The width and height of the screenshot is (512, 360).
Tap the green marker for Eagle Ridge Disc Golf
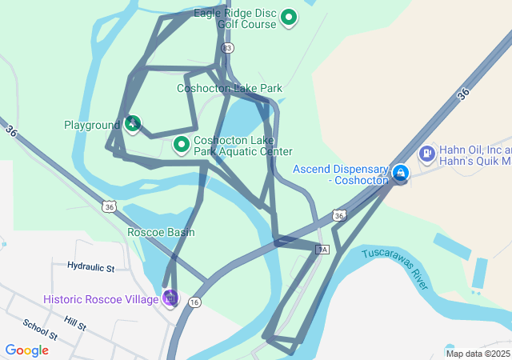(x=288, y=18)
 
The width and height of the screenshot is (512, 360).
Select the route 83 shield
(x=228, y=49)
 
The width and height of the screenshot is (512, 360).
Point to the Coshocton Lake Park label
(x=230, y=88)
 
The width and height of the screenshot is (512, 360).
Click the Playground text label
(x=91, y=126)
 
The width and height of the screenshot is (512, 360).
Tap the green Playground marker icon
(x=133, y=124)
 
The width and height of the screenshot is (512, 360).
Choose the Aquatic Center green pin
(x=182, y=145)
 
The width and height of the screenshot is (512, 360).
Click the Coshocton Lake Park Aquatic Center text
(x=242, y=146)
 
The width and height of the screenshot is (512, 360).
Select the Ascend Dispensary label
(x=341, y=174)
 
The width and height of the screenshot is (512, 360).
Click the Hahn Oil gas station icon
(x=426, y=152)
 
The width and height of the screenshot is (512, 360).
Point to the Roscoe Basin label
(x=161, y=232)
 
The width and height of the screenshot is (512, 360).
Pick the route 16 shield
(x=194, y=302)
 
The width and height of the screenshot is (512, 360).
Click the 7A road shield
(x=322, y=250)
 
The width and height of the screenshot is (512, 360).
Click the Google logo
(x=26, y=350)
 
